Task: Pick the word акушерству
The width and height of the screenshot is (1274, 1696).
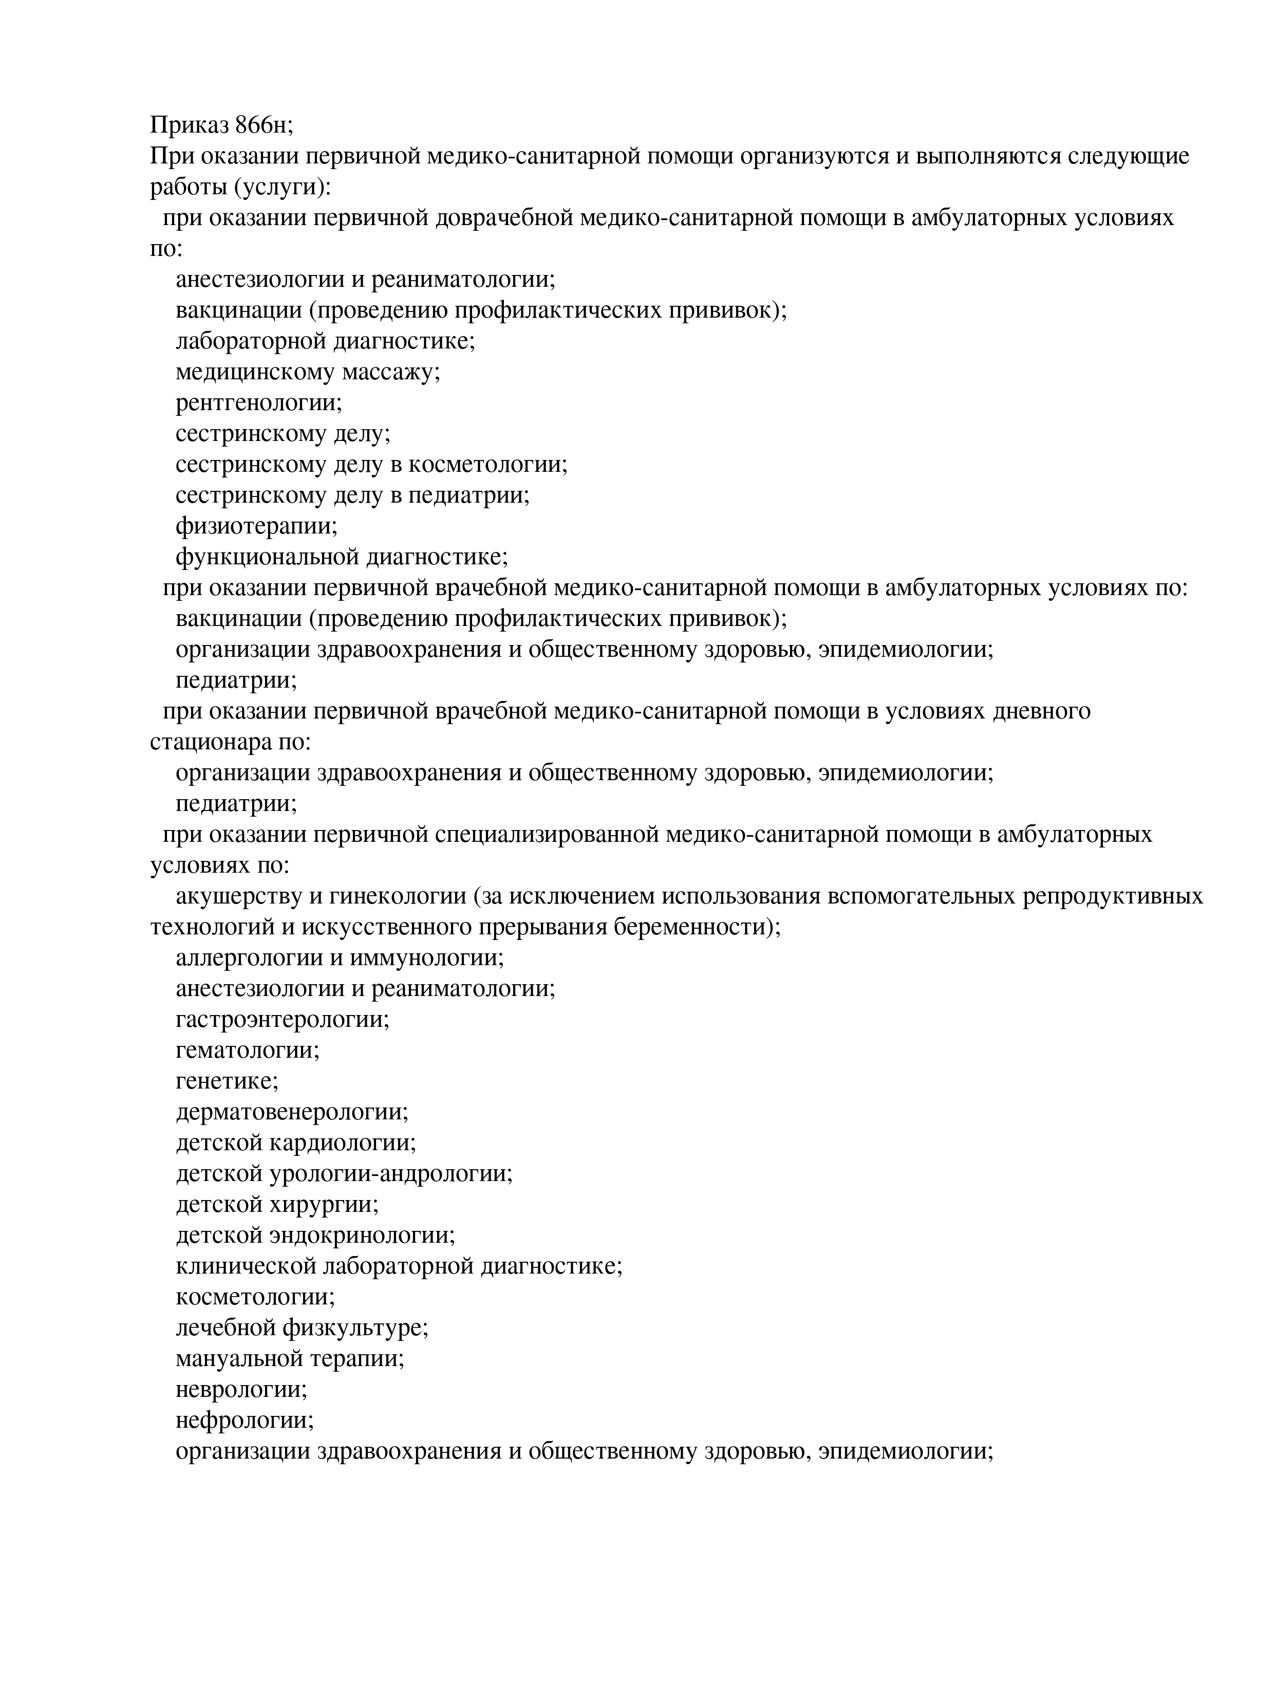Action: (245, 896)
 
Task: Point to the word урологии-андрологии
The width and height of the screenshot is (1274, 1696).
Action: (391, 1174)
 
